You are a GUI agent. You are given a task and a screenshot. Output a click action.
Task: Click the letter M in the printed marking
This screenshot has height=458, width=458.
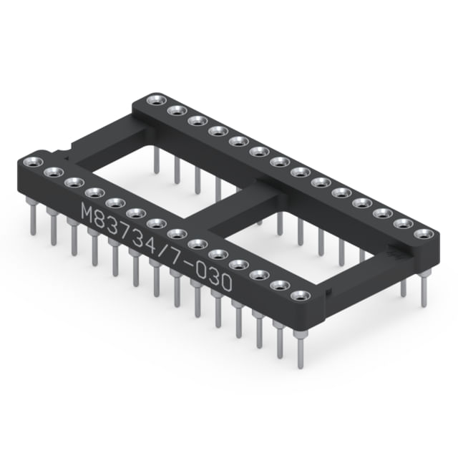(x=89, y=212)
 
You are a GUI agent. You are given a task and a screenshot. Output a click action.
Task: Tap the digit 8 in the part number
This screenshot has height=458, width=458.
(x=103, y=220)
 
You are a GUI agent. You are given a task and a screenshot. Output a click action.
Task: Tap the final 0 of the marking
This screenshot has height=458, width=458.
(x=225, y=282)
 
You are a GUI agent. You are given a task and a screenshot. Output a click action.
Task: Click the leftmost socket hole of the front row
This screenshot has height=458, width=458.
(x=34, y=162)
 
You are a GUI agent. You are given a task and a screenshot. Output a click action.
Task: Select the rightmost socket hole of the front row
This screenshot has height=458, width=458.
(x=301, y=296)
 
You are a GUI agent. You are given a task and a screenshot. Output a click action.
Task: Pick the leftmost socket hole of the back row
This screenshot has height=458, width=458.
(x=157, y=100)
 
